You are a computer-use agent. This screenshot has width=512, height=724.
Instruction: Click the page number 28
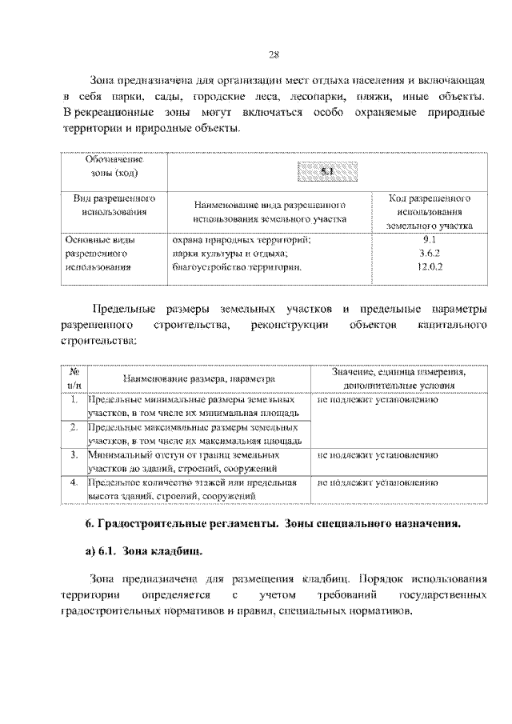pyautogui.click(x=272, y=54)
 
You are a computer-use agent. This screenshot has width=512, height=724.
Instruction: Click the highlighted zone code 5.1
pyautogui.click(x=327, y=171)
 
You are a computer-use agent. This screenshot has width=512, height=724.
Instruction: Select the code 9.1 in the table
pyautogui.click(x=428, y=238)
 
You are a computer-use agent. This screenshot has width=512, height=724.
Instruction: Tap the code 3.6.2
pyautogui.click(x=428, y=253)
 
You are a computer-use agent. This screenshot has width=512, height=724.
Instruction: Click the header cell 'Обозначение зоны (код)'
pyautogui.click(x=113, y=166)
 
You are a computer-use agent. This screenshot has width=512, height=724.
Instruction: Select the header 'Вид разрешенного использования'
pyautogui.click(x=113, y=205)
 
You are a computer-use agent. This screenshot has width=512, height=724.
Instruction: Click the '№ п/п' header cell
pyautogui.click(x=74, y=378)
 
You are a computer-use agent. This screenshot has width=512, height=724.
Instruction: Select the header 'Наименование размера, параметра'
pyautogui.click(x=199, y=378)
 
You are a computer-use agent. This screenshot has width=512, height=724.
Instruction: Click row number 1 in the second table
pyautogui.click(x=74, y=399)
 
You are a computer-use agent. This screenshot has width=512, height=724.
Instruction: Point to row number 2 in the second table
pyautogui.click(x=74, y=427)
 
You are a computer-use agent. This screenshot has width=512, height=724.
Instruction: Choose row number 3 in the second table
pyautogui.click(x=74, y=455)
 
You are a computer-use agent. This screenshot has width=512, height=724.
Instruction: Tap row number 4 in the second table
pyautogui.click(x=74, y=483)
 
